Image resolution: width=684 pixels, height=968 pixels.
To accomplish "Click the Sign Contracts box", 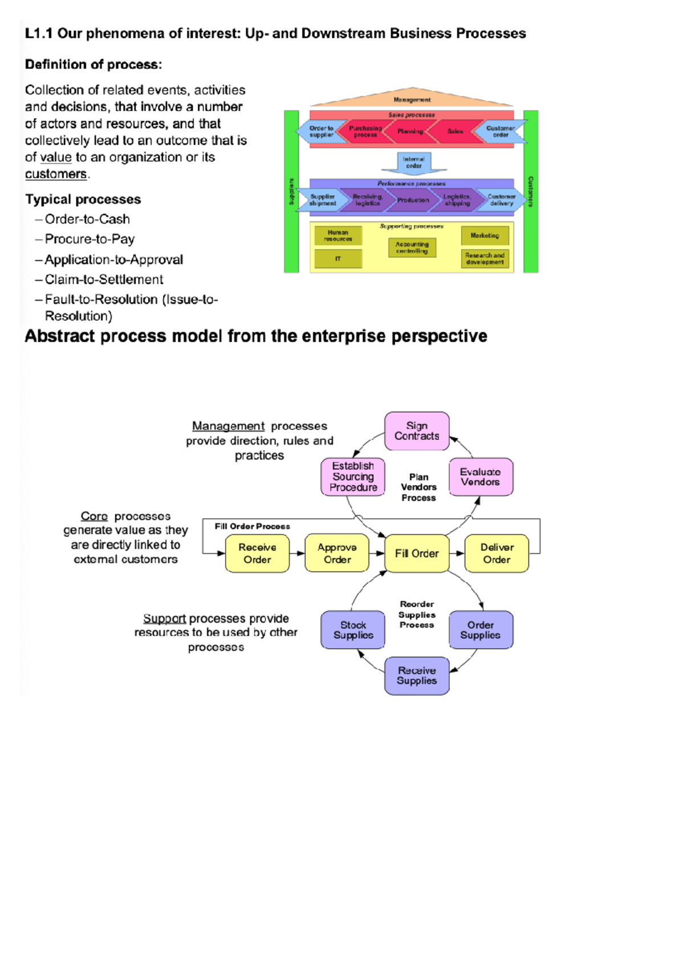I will [417, 431].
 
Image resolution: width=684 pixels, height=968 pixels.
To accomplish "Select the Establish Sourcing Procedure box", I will [353, 477].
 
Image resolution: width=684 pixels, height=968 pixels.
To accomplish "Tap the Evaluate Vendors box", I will [481, 477].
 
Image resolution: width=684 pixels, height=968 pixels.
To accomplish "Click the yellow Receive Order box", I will [257, 553].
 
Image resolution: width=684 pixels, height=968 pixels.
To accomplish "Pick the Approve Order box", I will [337, 553].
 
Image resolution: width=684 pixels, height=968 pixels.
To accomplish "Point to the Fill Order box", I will [417, 553].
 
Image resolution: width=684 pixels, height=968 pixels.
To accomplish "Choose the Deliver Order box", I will [496, 553].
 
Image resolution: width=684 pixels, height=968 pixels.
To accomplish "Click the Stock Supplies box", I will [353, 630].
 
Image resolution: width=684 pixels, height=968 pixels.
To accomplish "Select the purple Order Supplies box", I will [481, 630].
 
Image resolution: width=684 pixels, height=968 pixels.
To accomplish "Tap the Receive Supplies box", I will [417, 676].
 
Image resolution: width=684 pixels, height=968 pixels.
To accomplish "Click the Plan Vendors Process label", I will [418, 487].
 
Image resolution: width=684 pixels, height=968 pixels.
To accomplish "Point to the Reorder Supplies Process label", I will [417, 615].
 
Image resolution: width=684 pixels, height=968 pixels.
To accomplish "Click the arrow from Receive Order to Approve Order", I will [297, 553].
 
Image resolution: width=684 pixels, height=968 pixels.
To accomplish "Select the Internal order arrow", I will [414, 163].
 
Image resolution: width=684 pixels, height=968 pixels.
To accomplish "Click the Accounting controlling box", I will [412, 247].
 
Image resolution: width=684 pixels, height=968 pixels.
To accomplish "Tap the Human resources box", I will [338, 235].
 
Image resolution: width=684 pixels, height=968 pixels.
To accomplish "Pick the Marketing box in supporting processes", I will [484, 235].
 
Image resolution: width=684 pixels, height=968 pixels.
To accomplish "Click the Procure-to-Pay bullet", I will [89, 239].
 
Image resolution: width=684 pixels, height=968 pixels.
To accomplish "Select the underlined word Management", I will [228, 426].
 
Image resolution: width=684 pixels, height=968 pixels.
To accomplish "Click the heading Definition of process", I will [93, 64].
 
